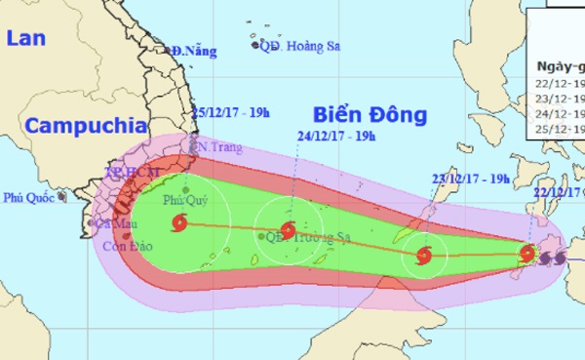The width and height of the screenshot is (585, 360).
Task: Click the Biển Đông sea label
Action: click(371, 115)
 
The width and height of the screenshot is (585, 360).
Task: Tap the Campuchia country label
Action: click(87, 125)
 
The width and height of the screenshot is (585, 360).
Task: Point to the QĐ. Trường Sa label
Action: click(297, 235)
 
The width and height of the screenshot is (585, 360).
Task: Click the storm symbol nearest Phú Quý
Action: click(178, 225)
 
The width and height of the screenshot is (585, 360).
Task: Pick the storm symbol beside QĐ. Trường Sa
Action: click(287, 231)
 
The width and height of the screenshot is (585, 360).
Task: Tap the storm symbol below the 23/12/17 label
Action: click(423, 256)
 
